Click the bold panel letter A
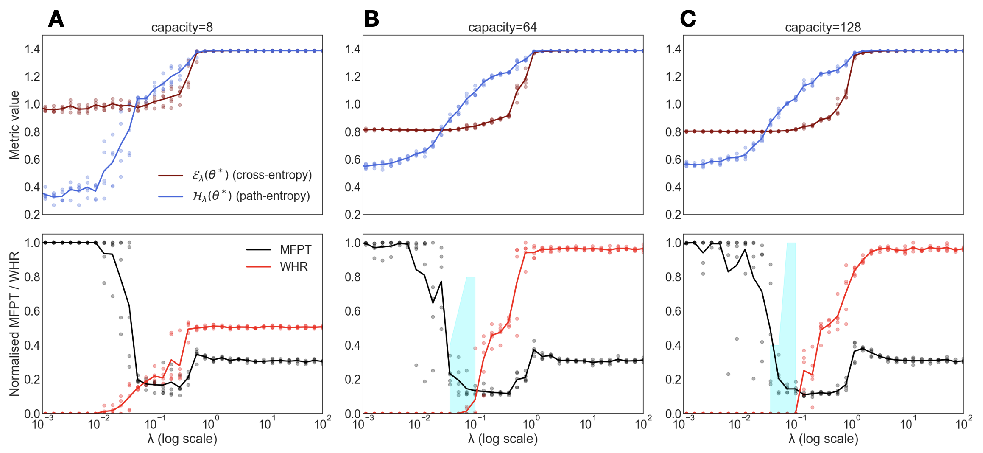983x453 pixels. [x=56, y=19]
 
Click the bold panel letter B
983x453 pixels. [x=371, y=19]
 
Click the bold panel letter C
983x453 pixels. [x=688, y=19]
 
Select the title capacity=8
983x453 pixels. [x=182, y=28]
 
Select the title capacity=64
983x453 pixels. [x=503, y=28]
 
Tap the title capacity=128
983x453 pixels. [x=823, y=28]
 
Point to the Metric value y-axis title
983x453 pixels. [x=14, y=125]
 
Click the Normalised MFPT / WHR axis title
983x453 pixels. [x=14, y=324]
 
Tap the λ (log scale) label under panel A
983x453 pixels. [x=182, y=439]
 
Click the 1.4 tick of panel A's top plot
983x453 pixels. [x=32, y=50]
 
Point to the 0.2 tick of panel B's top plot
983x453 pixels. [x=353, y=215]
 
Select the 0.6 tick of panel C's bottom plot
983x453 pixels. [x=673, y=311]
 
